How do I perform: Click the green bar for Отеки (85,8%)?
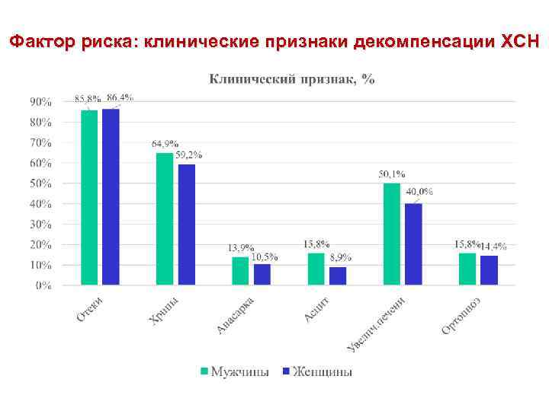tap(89, 198)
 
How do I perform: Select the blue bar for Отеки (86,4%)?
tap(111, 197)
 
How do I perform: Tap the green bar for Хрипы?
tap(165, 219)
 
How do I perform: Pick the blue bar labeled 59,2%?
tap(186, 225)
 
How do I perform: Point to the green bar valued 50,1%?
tap(392, 234)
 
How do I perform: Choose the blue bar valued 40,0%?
tap(413, 244)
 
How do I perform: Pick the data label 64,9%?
tap(165, 143)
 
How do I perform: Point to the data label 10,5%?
tap(265, 256)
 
